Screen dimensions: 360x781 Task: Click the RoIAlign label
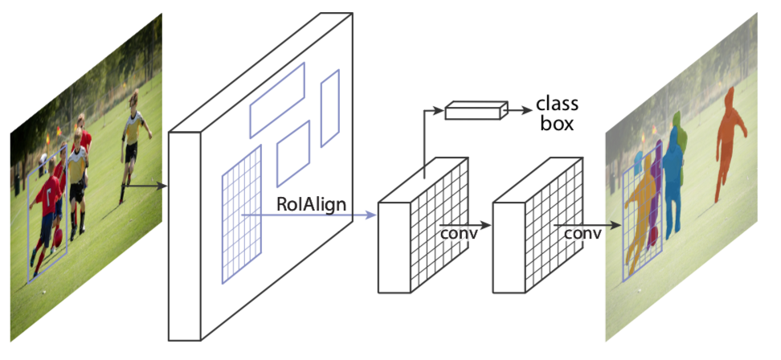click(x=312, y=204)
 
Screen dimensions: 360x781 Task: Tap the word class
click(x=557, y=104)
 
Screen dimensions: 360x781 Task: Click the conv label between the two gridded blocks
click(x=459, y=233)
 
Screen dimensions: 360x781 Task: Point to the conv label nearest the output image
click(x=583, y=233)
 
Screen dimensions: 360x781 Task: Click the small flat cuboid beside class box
click(x=476, y=110)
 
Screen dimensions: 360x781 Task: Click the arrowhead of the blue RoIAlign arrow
click(x=371, y=215)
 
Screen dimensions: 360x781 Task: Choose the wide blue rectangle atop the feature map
click(x=277, y=99)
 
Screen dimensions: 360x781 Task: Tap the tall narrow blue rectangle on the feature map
click(x=330, y=108)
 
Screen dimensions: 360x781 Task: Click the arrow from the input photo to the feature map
click(x=149, y=186)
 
